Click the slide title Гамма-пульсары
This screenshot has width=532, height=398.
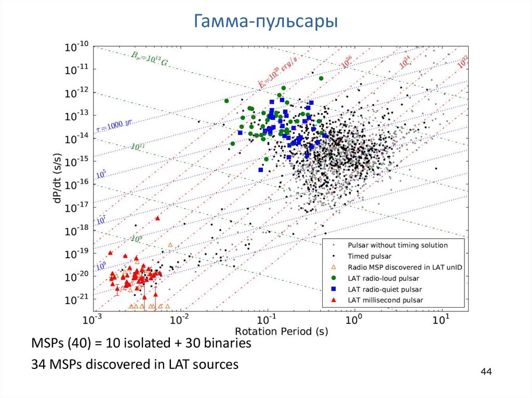click(265, 22)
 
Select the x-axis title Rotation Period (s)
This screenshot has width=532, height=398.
click(282, 331)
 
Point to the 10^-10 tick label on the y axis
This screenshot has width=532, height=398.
click(76, 47)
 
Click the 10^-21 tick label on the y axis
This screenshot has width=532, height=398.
click(76, 299)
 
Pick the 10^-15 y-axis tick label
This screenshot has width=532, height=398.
click(76, 161)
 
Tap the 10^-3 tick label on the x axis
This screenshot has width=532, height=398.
click(94, 320)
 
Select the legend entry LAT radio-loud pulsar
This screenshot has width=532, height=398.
click(384, 278)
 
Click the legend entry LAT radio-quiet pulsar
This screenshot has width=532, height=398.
click(385, 289)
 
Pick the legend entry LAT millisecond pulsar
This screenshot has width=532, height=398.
click(385, 300)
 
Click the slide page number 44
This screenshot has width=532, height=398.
click(486, 372)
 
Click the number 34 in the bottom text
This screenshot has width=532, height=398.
click(39, 364)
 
